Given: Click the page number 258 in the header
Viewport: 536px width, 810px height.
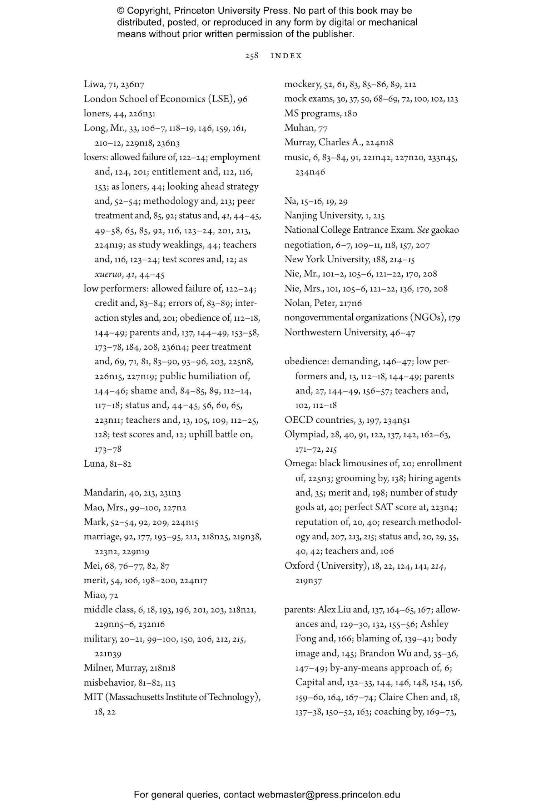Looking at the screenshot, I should pyautogui.click(x=252, y=56).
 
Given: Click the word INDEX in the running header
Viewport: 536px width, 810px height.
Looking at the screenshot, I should pyautogui.click(x=286, y=56).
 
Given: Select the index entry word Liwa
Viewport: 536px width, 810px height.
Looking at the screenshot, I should pyautogui.click(x=92, y=84).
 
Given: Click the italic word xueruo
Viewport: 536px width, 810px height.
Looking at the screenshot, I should pyautogui.click(x=106, y=275).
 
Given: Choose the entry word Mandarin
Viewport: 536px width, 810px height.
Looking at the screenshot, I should pyautogui.click(x=104, y=493).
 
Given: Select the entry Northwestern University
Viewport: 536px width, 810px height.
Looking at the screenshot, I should pyautogui.click(x=335, y=333).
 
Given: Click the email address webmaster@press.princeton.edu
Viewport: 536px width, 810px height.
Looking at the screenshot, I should pyautogui.click(x=328, y=795).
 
